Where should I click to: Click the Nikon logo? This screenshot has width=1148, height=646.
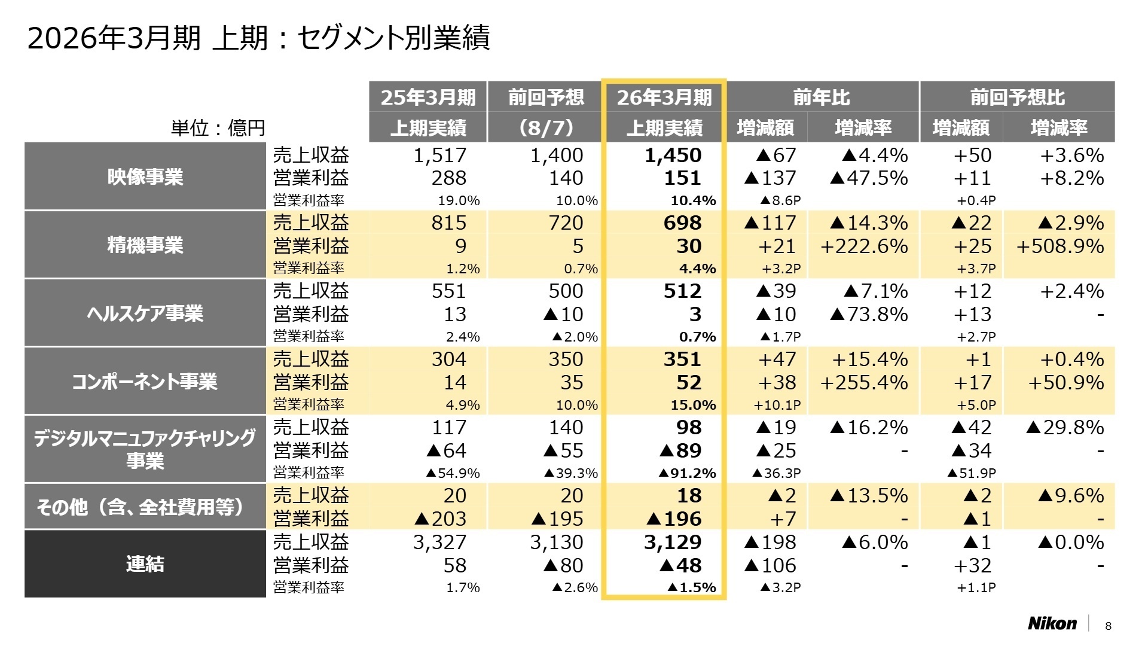[1052, 623]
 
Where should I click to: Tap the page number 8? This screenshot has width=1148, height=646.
[1108, 626]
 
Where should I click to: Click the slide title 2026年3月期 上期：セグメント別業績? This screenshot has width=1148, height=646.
[258, 38]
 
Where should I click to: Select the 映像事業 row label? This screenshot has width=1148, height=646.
[145, 177]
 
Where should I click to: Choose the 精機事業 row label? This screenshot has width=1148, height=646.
[145, 245]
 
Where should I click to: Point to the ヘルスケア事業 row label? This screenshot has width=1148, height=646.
[145, 313]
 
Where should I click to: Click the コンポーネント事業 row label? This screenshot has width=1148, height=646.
[145, 382]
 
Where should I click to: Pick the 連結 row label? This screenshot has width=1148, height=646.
[145, 563]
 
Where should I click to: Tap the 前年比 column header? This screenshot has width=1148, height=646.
[822, 97]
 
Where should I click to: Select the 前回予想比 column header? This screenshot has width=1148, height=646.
[1017, 97]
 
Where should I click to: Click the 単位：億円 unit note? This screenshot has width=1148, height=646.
[218, 128]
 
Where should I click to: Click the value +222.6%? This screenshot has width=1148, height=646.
[864, 246]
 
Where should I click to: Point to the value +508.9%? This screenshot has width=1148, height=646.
[1060, 246]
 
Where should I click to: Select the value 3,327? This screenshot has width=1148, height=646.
[439, 543]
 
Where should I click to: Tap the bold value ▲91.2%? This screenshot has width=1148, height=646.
[687, 473]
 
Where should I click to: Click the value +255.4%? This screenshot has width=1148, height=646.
[864, 383]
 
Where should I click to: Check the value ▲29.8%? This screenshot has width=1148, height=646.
[1064, 428]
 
